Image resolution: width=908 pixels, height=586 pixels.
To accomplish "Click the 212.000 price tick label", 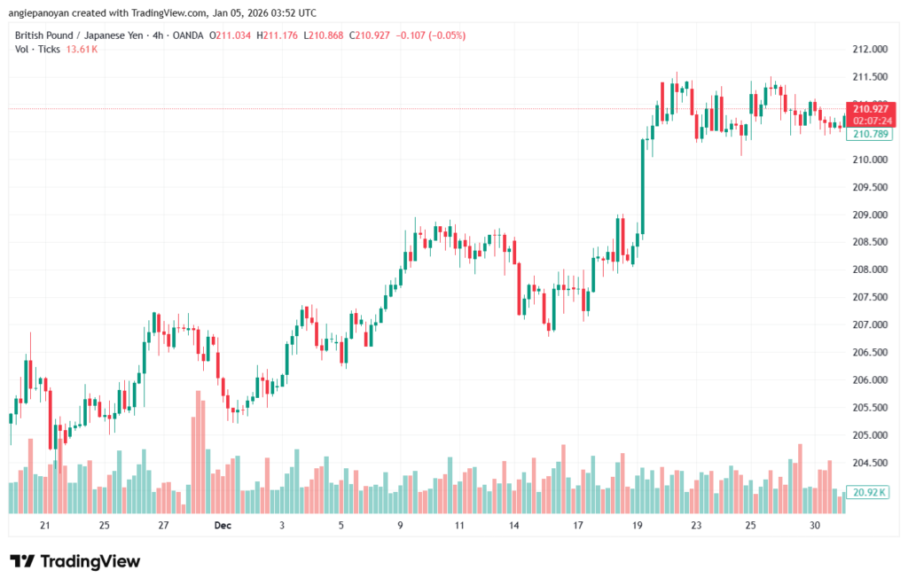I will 868,50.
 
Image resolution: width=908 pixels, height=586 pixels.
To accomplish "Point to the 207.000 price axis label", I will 868,325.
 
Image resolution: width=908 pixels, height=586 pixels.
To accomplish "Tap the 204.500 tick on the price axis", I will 868,463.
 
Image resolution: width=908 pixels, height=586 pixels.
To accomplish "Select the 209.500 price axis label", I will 868,188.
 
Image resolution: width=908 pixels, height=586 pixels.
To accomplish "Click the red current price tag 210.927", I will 871,108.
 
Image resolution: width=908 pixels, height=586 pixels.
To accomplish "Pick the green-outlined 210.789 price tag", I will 869,134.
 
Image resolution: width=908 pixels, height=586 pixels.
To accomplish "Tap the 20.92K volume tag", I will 869,492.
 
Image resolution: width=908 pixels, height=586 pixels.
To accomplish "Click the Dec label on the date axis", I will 223,526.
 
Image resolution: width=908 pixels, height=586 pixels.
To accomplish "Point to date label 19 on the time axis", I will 638,526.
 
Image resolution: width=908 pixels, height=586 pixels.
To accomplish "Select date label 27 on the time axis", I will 163,526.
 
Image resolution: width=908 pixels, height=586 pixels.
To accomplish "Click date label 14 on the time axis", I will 513,526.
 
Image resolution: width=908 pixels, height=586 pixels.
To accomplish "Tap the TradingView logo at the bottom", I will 75,561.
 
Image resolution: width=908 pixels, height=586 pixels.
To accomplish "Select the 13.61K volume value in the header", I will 82,50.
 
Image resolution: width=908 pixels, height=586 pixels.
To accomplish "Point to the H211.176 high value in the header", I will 275,35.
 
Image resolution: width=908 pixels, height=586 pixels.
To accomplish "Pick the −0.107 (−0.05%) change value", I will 429,35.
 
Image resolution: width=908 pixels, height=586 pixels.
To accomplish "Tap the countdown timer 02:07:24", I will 871,120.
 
